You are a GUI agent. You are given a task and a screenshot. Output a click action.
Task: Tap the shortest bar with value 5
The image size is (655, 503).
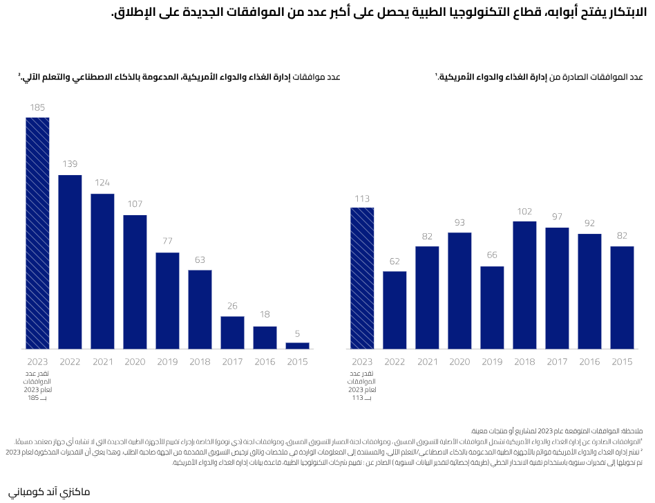pyautogui.click(x=297, y=345)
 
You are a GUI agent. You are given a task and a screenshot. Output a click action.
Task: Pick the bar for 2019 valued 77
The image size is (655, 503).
pyautogui.click(x=167, y=300)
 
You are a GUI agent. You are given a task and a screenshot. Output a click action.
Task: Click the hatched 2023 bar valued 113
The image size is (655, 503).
pyautogui.click(x=362, y=277)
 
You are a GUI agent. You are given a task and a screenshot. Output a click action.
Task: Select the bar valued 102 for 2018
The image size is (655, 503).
pyautogui.click(x=524, y=284)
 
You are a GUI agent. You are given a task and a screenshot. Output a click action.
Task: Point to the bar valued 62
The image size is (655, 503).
pyautogui.click(x=395, y=309)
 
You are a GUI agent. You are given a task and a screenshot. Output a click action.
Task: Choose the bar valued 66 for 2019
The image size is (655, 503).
pyautogui.click(x=492, y=307)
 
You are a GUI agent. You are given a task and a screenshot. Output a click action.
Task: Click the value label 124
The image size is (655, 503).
pyautogui.click(x=102, y=183)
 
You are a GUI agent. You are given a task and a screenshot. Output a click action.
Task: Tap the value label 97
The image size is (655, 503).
pyautogui.click(x=557, y=217)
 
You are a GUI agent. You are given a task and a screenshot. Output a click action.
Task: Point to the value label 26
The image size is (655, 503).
pyautogui.click(x=232, y=306)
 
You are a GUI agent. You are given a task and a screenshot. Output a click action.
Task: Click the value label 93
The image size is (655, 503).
pyautogui.click(x=459, y=221)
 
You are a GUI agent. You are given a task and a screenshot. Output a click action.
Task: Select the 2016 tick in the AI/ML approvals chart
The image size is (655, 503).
pyautogui.click(x=265, y=362)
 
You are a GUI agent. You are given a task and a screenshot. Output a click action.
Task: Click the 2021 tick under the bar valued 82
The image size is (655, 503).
pyautogui.click(x=427, y=362)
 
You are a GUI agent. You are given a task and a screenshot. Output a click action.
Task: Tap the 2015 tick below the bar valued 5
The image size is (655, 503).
pyautogui.click(x=297, y=362)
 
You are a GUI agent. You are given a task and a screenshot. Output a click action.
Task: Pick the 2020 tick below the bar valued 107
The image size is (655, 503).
pyautogui.click(x=135, y=362)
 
